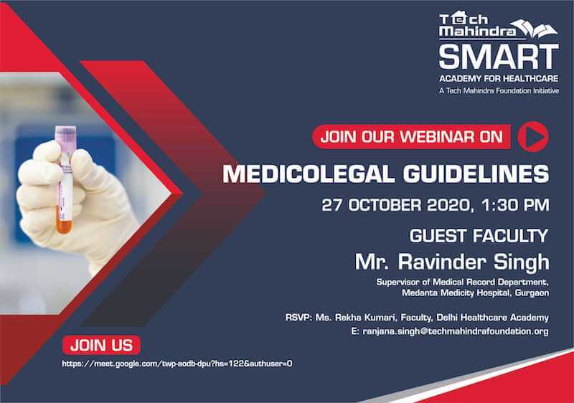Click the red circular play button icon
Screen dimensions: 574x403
(x=533, y=137)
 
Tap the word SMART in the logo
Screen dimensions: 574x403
(x=499, y=57)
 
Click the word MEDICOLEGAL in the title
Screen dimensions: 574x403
(x=309, y=174)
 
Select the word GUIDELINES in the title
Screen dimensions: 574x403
(x=476, y=174)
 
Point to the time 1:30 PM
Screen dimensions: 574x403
(x=515, y=205)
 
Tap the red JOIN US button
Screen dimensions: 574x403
(x=101, y=346)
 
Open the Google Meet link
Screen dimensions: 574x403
(x=177, y=364)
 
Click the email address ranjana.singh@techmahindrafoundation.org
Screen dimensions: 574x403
(x=456, y=331)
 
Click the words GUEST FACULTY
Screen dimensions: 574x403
(x=479, y=236)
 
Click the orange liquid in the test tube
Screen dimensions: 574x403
(x=64, y=224)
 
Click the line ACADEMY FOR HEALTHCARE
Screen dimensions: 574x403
(x=499, y=79)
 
